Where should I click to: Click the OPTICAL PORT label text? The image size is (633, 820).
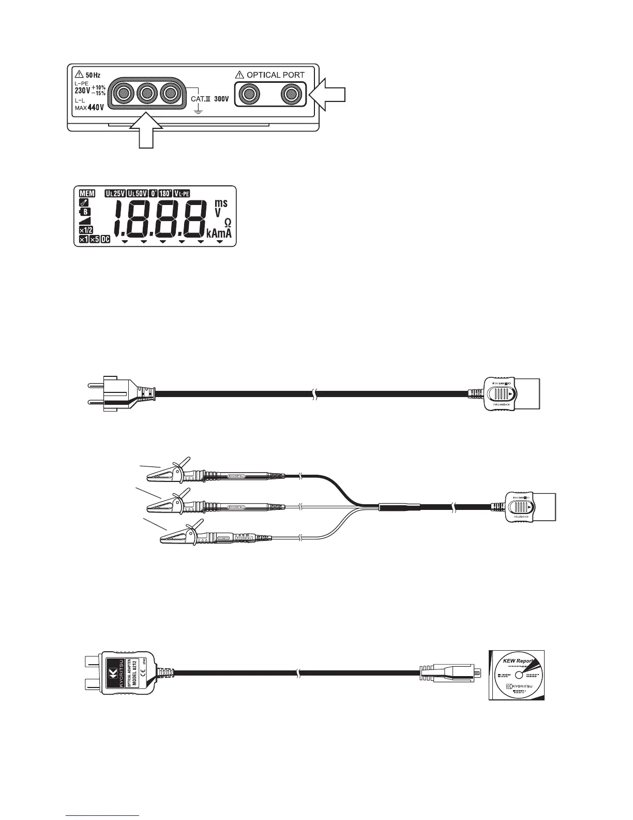tap(275, 75)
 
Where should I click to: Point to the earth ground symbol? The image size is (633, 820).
tap(197, 111)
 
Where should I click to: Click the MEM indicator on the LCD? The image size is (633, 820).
tap(87, 194)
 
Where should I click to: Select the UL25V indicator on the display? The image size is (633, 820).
tap(115, 194)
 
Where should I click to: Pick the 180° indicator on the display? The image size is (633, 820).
tap(165, 194)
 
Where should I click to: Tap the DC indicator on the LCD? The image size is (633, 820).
tap(106, 240)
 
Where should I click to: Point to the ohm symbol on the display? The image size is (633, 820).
tap(228, 222)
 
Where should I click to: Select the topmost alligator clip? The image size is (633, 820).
tap(171, 470)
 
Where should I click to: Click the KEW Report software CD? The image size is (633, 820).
tap(517, 675)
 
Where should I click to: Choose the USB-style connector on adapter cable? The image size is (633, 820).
tap(450, 673)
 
